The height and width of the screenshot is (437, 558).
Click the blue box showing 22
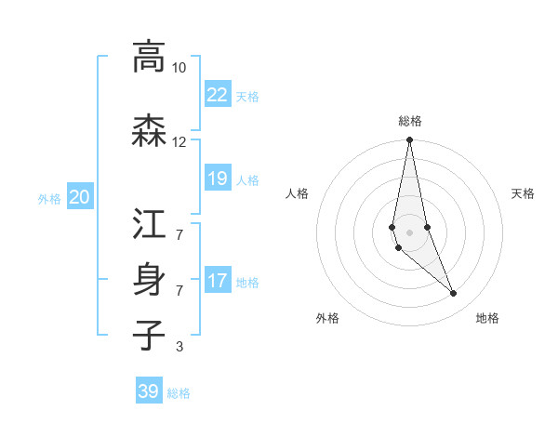[218, 95]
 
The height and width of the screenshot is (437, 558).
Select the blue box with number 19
[218, 179]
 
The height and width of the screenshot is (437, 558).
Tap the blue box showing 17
[218, 281]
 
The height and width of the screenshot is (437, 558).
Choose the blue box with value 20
[80, 197]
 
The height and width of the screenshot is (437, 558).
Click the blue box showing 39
[149, 391]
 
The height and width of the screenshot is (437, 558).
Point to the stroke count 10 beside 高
[179, 68]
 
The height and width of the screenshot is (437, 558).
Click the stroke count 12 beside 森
[179, 142]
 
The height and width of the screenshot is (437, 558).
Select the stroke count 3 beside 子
[179, 348]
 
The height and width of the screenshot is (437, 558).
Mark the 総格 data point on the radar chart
[409, 140]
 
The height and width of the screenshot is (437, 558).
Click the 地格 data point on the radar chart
[454, 294]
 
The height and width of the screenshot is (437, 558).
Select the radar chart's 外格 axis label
[327, 319]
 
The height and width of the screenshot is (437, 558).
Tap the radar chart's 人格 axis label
[297, 193]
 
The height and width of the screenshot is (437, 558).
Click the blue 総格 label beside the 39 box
[179, 393]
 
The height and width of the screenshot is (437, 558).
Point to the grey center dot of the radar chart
[409, 232]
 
